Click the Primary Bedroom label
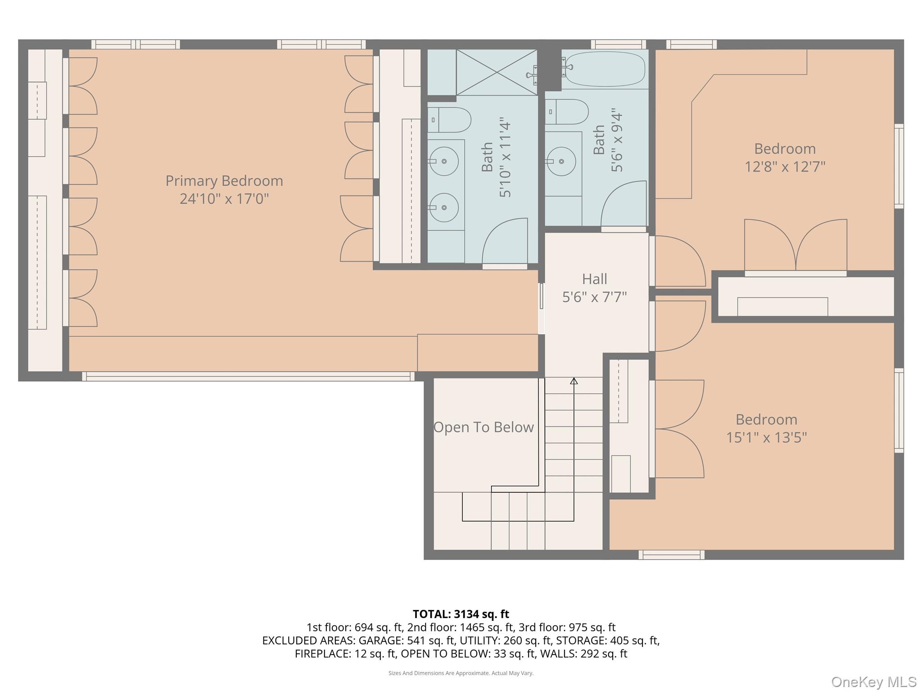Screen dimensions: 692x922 [x=224, y=181]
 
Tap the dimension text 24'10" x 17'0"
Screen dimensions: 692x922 [x=224, y=199]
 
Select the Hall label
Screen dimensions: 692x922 [x=594, y=279]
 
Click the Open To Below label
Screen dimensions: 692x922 [x=484, y=427]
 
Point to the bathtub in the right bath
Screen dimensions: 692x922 [x=605, y=68]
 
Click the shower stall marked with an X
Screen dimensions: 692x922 [x=497, y=73]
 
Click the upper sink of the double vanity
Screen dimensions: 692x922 [x=444, y=161]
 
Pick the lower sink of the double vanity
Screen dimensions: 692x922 [x=444, y=207]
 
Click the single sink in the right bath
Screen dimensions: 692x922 [x=561, y=160]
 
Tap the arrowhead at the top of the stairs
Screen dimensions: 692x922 [x=574, y=381]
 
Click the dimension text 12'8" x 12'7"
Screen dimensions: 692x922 [x=785, y=167]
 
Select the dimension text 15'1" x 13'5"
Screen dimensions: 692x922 [x=766, y=437]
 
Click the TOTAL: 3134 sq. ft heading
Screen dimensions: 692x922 [x=461, y=614]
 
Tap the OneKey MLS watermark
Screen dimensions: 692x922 [x=873, y=682]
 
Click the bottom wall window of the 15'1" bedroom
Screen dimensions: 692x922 [x=671, y=555]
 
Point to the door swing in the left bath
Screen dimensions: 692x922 [x=504, y=241]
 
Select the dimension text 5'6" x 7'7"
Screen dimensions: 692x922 [x=594, y=297]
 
